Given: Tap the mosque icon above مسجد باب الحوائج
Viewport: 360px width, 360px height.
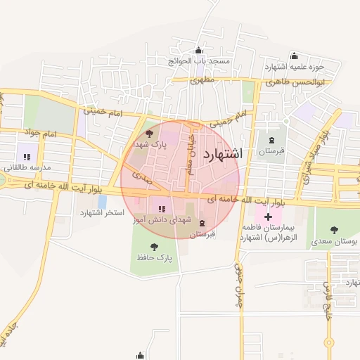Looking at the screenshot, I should pyautogui.click(x=198, y=50).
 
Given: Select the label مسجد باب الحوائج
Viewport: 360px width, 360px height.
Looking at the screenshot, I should pyautogui.click(x=198, y=61).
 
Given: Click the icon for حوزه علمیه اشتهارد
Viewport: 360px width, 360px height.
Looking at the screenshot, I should pyautogui.click(x=294, y=56).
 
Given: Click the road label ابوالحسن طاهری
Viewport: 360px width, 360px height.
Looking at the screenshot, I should pyautogui.click(x=296, y=83).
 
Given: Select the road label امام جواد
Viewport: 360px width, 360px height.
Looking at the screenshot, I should pyautogui.click(x=40, y=132).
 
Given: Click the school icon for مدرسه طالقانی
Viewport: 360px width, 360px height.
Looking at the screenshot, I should pyautogui.click(x=27, y=157).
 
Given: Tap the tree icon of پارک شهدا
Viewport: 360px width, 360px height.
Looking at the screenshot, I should pyautogui.click(x=148, y=133).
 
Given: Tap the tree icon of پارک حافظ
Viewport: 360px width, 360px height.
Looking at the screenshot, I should pyautogui.click(x=154, y=246).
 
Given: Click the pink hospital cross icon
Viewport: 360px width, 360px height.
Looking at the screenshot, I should pyautogui.click(x=268, y=215).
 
